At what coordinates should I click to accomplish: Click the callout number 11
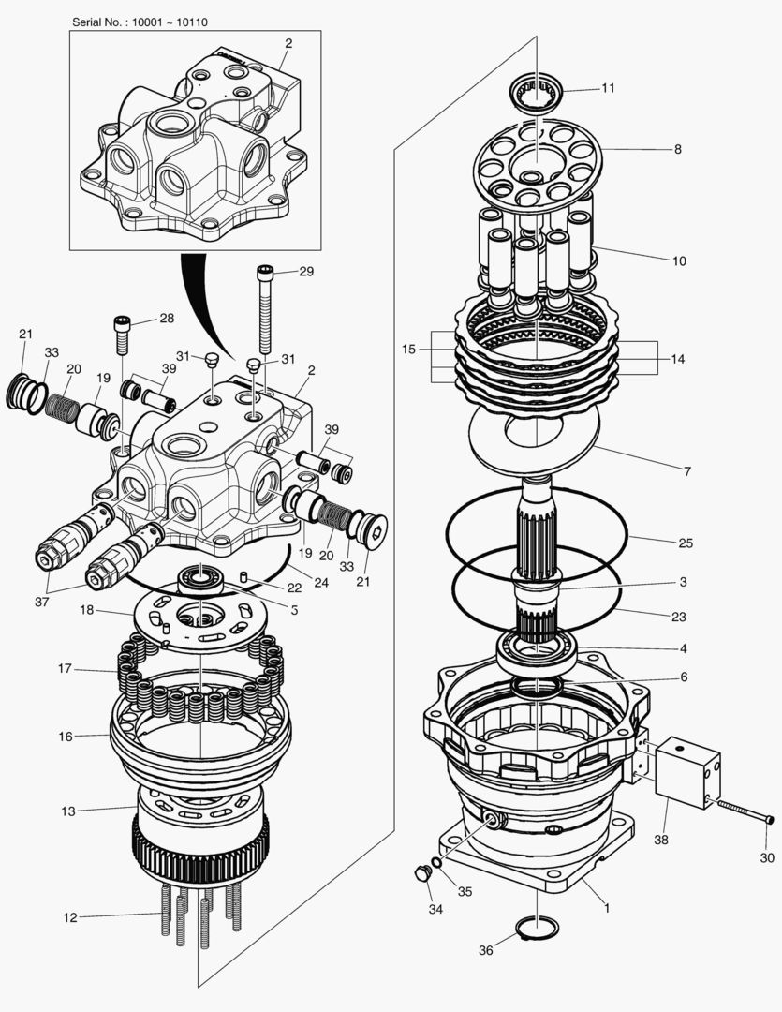608,89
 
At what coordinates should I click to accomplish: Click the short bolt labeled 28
122,334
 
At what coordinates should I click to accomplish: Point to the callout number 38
661,840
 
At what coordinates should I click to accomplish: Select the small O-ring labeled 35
436,861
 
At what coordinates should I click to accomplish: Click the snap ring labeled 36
537,930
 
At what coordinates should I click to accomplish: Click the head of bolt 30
770,819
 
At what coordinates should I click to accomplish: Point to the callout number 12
70,917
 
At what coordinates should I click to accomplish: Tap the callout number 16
66,737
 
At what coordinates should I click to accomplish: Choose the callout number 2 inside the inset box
288,43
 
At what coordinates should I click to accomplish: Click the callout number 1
606,907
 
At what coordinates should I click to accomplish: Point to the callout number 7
686,471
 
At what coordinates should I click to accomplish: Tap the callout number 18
86,610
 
